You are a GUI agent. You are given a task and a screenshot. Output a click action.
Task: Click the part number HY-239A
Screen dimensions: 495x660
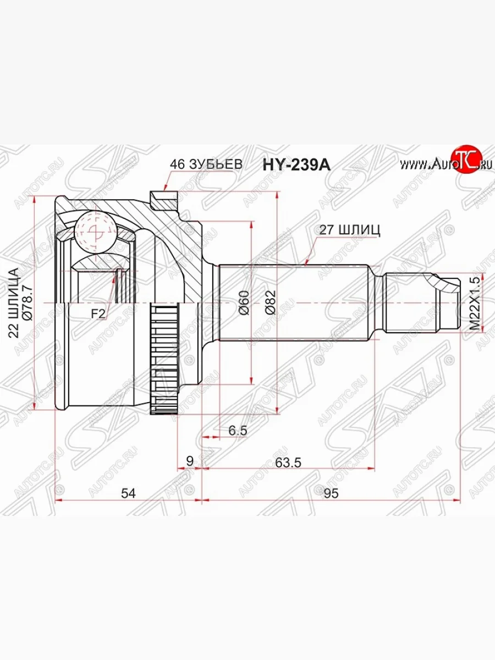click(x=296, y=165)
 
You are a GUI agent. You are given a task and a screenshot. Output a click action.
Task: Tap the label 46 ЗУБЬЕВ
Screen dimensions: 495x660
click(x=206, y=164)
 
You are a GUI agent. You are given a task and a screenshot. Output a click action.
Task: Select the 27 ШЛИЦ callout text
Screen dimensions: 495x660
click(x=349, y=230)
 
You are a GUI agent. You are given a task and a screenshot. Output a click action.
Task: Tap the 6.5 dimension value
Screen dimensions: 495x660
click(x=238, y=431)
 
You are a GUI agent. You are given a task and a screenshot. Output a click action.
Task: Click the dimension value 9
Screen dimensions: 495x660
click(x=190, y=461)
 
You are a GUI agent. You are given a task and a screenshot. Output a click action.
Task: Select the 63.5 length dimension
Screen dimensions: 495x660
click(x=288, y=463)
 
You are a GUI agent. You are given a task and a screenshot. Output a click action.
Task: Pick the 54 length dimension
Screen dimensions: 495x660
click(x=128, y=493)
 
